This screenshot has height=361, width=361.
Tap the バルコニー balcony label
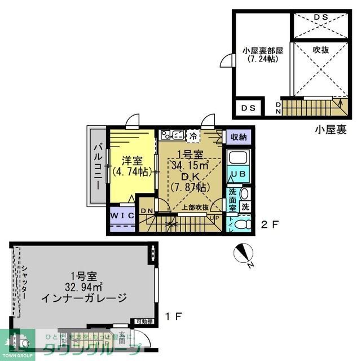click(x=97, y=166)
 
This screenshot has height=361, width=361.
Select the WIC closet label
click(x=121, y=215)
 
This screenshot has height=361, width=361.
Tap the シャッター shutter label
click(x=24, y=285)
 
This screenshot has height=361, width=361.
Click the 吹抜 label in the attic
click(x=320, y=50)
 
